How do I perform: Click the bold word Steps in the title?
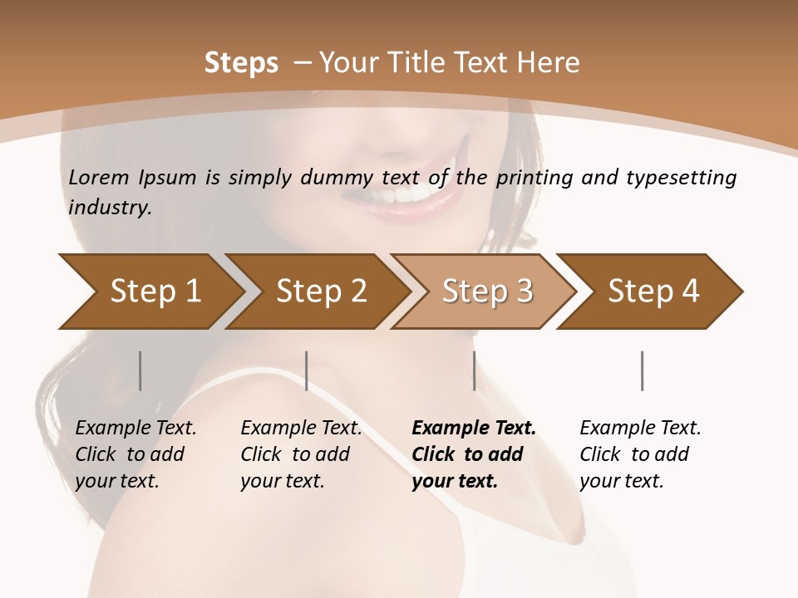pos(241,63)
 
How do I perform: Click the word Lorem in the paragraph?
pos(96,178)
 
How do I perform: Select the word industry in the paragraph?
pos(110,208)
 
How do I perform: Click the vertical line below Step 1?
pos(140,370)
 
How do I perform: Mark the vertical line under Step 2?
pos(307,370)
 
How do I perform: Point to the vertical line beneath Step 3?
pos(474,370)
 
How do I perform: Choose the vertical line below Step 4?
pos(642,370)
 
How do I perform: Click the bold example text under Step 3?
pos(473,454)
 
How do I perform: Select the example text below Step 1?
pos(135,454)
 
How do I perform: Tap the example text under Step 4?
pos(640,454)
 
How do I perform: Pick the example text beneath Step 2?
pos(301,454)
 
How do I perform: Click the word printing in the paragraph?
pos(538,178)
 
